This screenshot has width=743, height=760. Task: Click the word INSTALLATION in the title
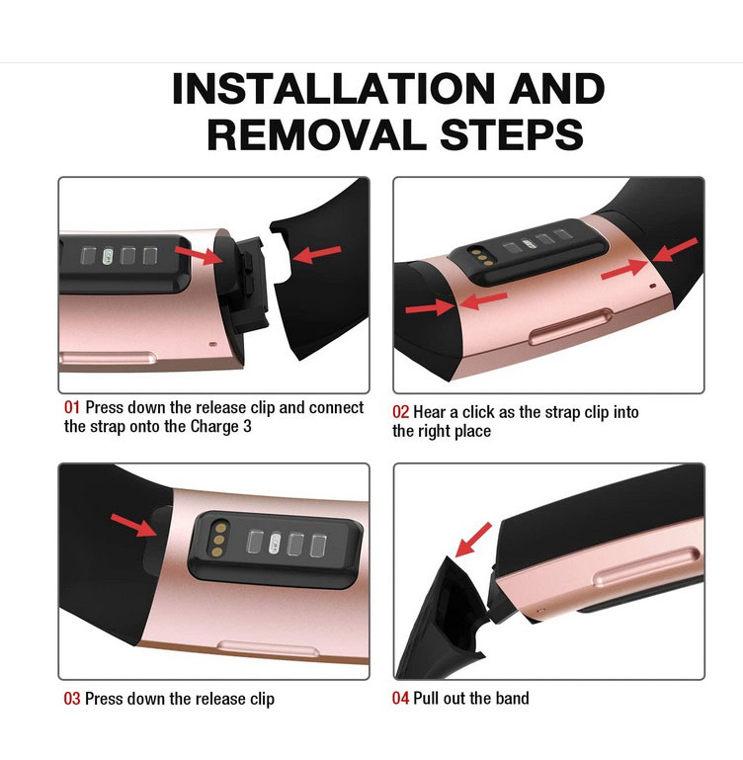[x=334, y=89]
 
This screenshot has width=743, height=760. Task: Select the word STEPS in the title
[x=512, y=134]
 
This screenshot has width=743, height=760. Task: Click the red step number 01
[x=72, y=407]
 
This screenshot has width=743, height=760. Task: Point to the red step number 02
[x=400, y=412]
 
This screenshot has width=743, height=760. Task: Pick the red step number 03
[x=72, y=699]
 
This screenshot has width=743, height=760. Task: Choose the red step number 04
[x=400, y=698]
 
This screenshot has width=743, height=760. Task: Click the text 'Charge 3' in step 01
[x=220, y=427]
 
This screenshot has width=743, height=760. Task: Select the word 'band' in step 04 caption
[x=513, y=698]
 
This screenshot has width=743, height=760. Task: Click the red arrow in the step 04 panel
[x=473, y=540]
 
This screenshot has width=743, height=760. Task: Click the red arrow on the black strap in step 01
[x=316, y=253]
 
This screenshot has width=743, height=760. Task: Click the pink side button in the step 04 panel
[x=647, y=565]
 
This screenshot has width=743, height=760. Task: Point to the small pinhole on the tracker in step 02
[x=652, y=286]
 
